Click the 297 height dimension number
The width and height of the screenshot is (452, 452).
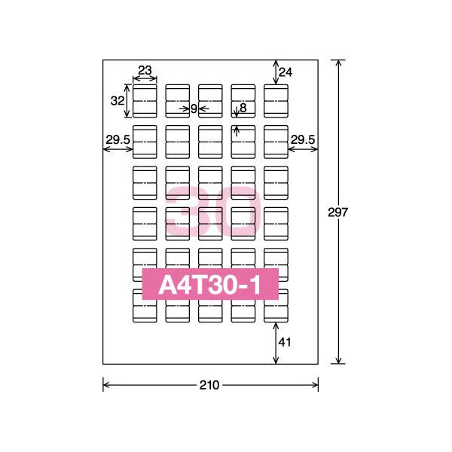(338, 212)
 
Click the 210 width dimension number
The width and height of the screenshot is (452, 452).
(209, 385)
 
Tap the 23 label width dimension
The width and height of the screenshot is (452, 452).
(145, 71)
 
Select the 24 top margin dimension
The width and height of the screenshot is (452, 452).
(285, 72)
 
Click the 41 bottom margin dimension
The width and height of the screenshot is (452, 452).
(285, 342)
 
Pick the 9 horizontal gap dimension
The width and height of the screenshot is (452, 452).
(194, 108)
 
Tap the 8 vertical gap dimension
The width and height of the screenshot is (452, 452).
(243, 108)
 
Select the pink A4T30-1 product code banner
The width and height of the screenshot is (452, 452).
(210, 285)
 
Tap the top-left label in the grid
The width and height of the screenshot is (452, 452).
(145, 101)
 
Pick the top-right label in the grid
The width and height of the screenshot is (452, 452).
(276, 101)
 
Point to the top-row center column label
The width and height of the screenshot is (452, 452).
(210, 101)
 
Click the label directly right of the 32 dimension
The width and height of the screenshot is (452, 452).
(145, 101)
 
